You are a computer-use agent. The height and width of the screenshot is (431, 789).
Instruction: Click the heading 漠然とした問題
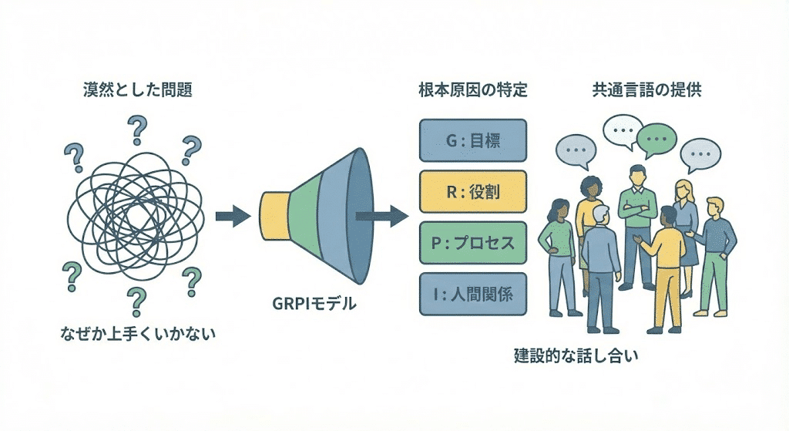pos(137,89)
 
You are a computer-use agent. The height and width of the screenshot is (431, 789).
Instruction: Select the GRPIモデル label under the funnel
pos(315,304)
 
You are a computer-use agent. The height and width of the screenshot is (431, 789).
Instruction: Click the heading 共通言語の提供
pos(646,89)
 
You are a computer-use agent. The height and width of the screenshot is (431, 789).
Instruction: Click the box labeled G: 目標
pos(472,140)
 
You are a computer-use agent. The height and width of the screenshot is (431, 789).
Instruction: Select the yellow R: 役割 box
pos(472,192)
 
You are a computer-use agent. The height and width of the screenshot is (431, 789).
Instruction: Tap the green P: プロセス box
pos(472,244)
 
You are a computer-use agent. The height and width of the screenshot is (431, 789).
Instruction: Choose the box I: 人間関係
pos(472,295)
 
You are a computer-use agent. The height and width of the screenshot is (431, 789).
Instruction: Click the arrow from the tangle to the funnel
pos(233,215)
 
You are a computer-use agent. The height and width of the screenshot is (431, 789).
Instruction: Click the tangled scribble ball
pos(136,215)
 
